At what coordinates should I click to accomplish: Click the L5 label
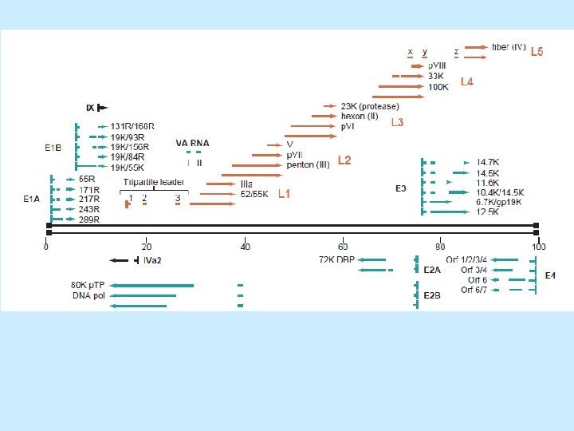[x=537, y=52]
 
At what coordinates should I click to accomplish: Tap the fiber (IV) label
[x=509, y=48]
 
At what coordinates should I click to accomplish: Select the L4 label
[x=465, y=82]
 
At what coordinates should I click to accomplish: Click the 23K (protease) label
[x=370, y=106]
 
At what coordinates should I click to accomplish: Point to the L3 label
[x=397, y=122]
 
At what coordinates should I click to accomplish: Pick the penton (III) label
[x=308, y=165]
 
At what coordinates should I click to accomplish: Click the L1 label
[x=285, y=193]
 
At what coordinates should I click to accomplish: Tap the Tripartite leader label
[x=154, y=182]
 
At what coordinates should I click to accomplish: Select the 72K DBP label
[x=336, y=259]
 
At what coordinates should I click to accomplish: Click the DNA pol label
[x=88, y=295]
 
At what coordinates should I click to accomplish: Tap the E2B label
[x=431, y=295]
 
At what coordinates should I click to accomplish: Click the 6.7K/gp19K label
[x=499, y=202]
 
